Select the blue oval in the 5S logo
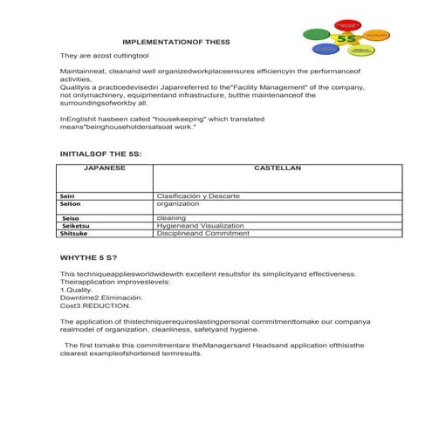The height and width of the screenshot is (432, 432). pos(326,50)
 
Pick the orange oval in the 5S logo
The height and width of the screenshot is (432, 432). pos(377,35)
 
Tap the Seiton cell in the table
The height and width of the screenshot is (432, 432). pos(71,205)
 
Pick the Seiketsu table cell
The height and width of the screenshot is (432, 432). pos(74,225)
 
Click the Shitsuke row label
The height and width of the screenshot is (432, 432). pos(74,234)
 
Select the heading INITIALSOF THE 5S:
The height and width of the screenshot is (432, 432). pos(99,153)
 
